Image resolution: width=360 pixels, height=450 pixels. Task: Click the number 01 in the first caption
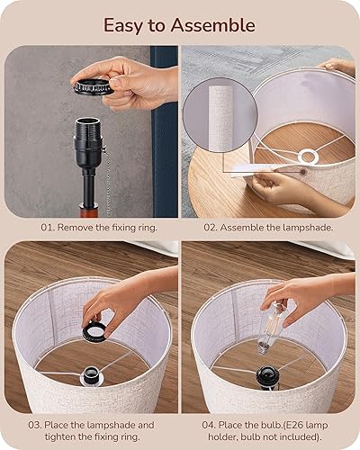(x=47, y=229)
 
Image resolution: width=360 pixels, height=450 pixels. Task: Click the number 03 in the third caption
(x=34, y=424)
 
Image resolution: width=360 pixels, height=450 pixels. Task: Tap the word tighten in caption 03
(x=49, y=436)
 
